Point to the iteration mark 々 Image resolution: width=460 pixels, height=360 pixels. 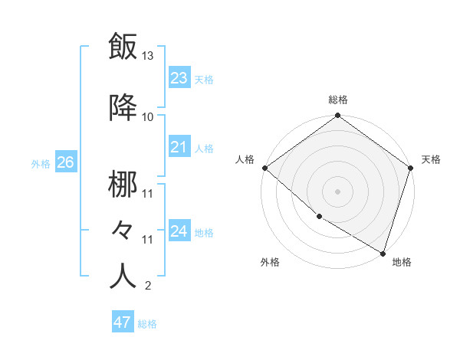[123, 230]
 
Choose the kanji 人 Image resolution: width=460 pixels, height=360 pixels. [123, 276]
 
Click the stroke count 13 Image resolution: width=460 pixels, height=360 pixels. [148, 56]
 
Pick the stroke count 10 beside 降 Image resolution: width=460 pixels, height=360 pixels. [148, 116]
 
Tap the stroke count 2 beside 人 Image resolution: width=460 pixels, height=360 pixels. [147, 286]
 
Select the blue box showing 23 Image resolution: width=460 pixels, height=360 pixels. [179, 77]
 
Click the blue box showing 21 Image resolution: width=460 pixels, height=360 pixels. [179, 147]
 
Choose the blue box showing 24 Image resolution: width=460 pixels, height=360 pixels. [179, 231]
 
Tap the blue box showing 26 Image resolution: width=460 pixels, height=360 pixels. [65, 162]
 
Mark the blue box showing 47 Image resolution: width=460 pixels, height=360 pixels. [122, 322]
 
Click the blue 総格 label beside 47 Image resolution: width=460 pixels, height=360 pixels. [147, 324]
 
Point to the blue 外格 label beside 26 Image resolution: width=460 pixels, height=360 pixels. [41, 163]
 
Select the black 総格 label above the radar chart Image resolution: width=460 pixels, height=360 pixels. [337, 100]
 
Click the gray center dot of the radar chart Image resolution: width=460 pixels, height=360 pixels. [337, 191]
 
